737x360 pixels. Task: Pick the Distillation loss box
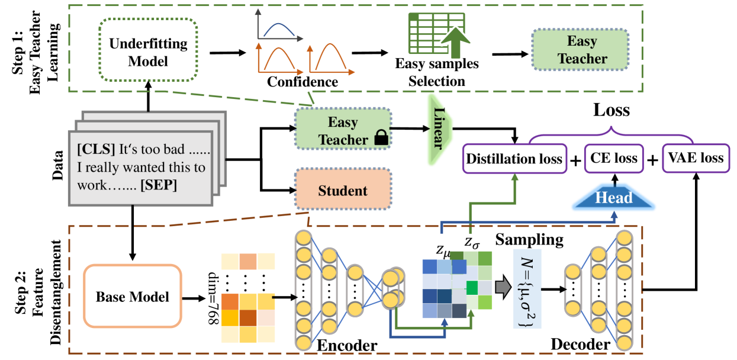coord(514,158)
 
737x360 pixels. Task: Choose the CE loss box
coord(614,158)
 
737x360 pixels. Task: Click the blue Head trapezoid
coord(614,198)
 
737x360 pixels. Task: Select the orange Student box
coord(343,191)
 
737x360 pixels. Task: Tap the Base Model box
coord(131,295)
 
